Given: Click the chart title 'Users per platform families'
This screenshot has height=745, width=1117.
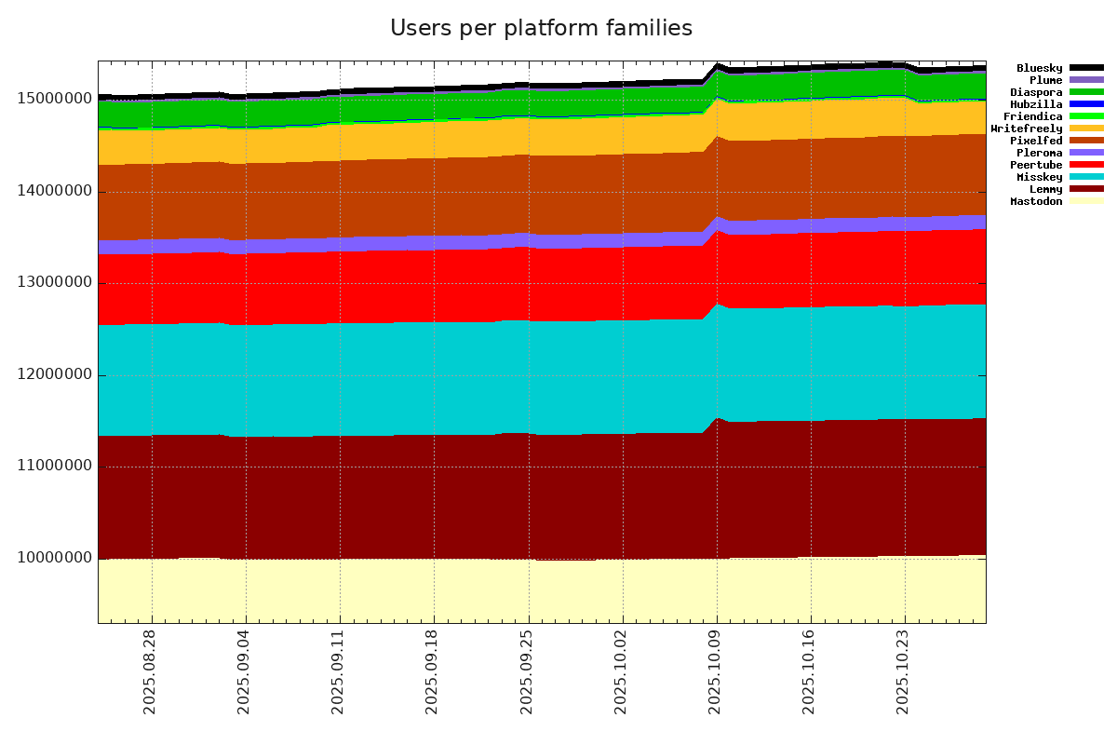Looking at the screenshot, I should pos(541,29).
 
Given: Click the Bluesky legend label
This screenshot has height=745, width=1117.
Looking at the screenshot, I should pos(1039,68).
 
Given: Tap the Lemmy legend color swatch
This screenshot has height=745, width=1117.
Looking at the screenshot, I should pos(1086,189).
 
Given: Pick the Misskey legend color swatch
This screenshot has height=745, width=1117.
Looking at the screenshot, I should pos(1086,177).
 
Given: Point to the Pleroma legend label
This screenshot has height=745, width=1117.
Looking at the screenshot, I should pos(1039,153).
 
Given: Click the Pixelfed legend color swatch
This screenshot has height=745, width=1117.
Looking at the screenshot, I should pos(1086,141).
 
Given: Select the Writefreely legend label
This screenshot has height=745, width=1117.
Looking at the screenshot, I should pos(1026,129).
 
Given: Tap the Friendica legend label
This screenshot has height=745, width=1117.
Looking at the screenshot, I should pos(1032,116).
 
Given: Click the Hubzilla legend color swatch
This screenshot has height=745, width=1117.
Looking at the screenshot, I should pos(1086,104).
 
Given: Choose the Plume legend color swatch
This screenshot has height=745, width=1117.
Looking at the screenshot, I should pos(1086,80).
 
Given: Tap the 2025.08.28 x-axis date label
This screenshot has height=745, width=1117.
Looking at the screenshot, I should pos(150,680).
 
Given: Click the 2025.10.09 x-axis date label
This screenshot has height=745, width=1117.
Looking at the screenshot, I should pos(716,680).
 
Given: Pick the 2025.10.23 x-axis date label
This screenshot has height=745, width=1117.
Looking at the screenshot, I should pos(904,680).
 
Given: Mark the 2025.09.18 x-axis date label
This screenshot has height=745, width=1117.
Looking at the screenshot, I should pos(432,680).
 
